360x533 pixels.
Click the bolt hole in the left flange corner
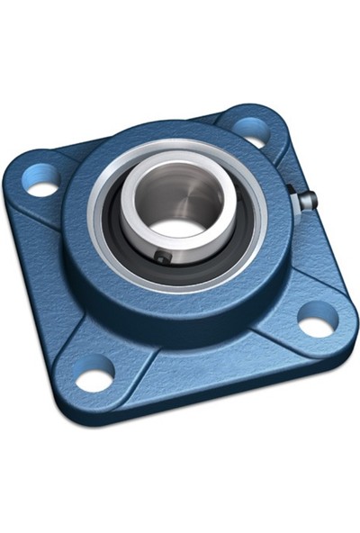click(41, 187)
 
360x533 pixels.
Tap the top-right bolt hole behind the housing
click(253, 130)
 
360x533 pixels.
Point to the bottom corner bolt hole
click(94, 374)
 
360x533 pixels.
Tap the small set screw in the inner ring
click(163, 257)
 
